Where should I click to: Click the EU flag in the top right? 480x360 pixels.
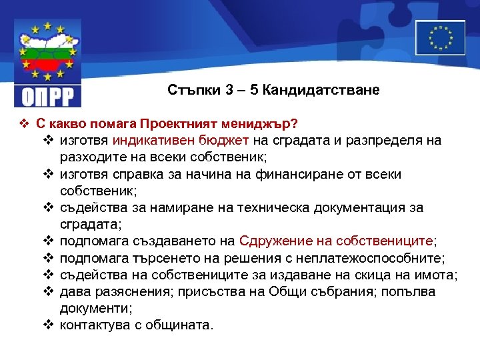(x=440, y=37)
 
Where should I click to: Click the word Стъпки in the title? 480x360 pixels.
(x=190, y=90)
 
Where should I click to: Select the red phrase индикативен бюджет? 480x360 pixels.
(x=181, y=141)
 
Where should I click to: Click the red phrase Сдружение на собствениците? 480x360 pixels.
(x=336, y=241)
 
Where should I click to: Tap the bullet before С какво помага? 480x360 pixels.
(x=23, y=124)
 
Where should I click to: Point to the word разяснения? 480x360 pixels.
(x=122, y=291)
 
